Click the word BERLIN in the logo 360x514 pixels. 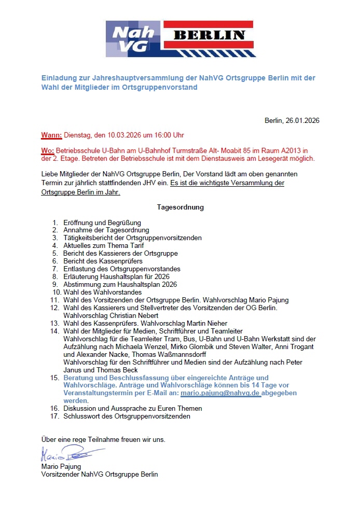(x=209, y=35)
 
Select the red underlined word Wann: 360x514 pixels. (x=51, y=136)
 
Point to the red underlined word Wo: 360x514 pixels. (x=47, y=151)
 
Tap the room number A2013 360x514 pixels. (x=291, y=151)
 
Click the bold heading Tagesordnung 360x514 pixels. (x=180, y=207)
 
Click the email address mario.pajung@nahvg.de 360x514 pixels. (x=220, y=394)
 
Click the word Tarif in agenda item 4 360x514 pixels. (x=135, y=246)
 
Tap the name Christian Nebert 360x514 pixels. (x=121, y=316)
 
